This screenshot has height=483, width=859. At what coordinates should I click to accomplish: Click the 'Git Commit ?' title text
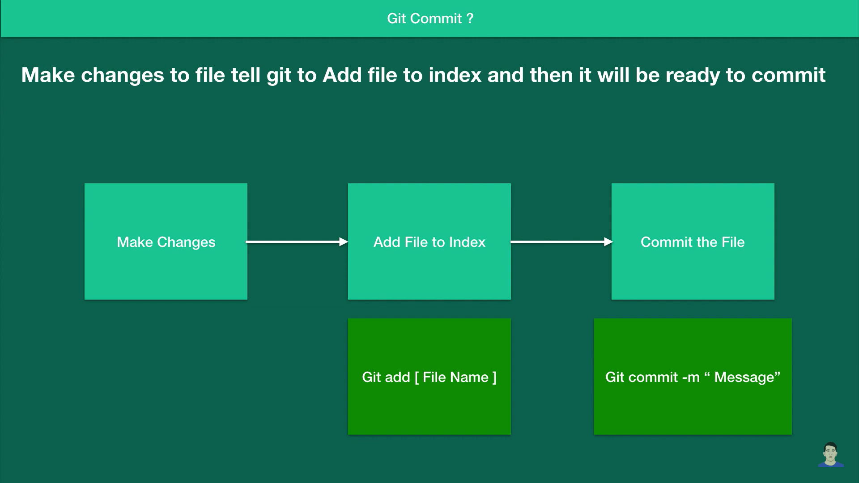tap(430, 18)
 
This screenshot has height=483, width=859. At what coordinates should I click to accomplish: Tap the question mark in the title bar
tap(470, 18)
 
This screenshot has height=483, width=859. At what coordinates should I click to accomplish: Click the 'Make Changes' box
tap(166, 241)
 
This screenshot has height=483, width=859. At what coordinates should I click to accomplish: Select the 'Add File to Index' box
tap(429, 241)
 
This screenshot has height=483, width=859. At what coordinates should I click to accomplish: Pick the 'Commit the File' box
tap(693, 241)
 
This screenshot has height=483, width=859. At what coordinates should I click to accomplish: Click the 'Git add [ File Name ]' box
tap(429, 377)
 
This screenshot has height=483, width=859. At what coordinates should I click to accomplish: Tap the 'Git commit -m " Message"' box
tap(693, 377)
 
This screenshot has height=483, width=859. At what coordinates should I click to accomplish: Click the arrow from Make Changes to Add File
tap(297, 242)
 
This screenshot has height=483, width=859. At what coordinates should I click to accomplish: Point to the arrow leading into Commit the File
tap(561, 242)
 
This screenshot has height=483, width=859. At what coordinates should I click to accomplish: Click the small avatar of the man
tap(831, 454)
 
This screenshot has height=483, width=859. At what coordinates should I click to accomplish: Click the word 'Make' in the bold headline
tap(48, 75)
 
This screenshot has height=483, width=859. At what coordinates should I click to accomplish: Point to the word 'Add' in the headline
tap(342, 75)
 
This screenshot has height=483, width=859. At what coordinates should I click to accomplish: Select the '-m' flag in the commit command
tap(691, 377)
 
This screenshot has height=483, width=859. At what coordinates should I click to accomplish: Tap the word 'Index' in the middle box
tap(467, 242)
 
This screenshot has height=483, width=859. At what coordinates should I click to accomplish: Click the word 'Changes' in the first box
tap(186, 242)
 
